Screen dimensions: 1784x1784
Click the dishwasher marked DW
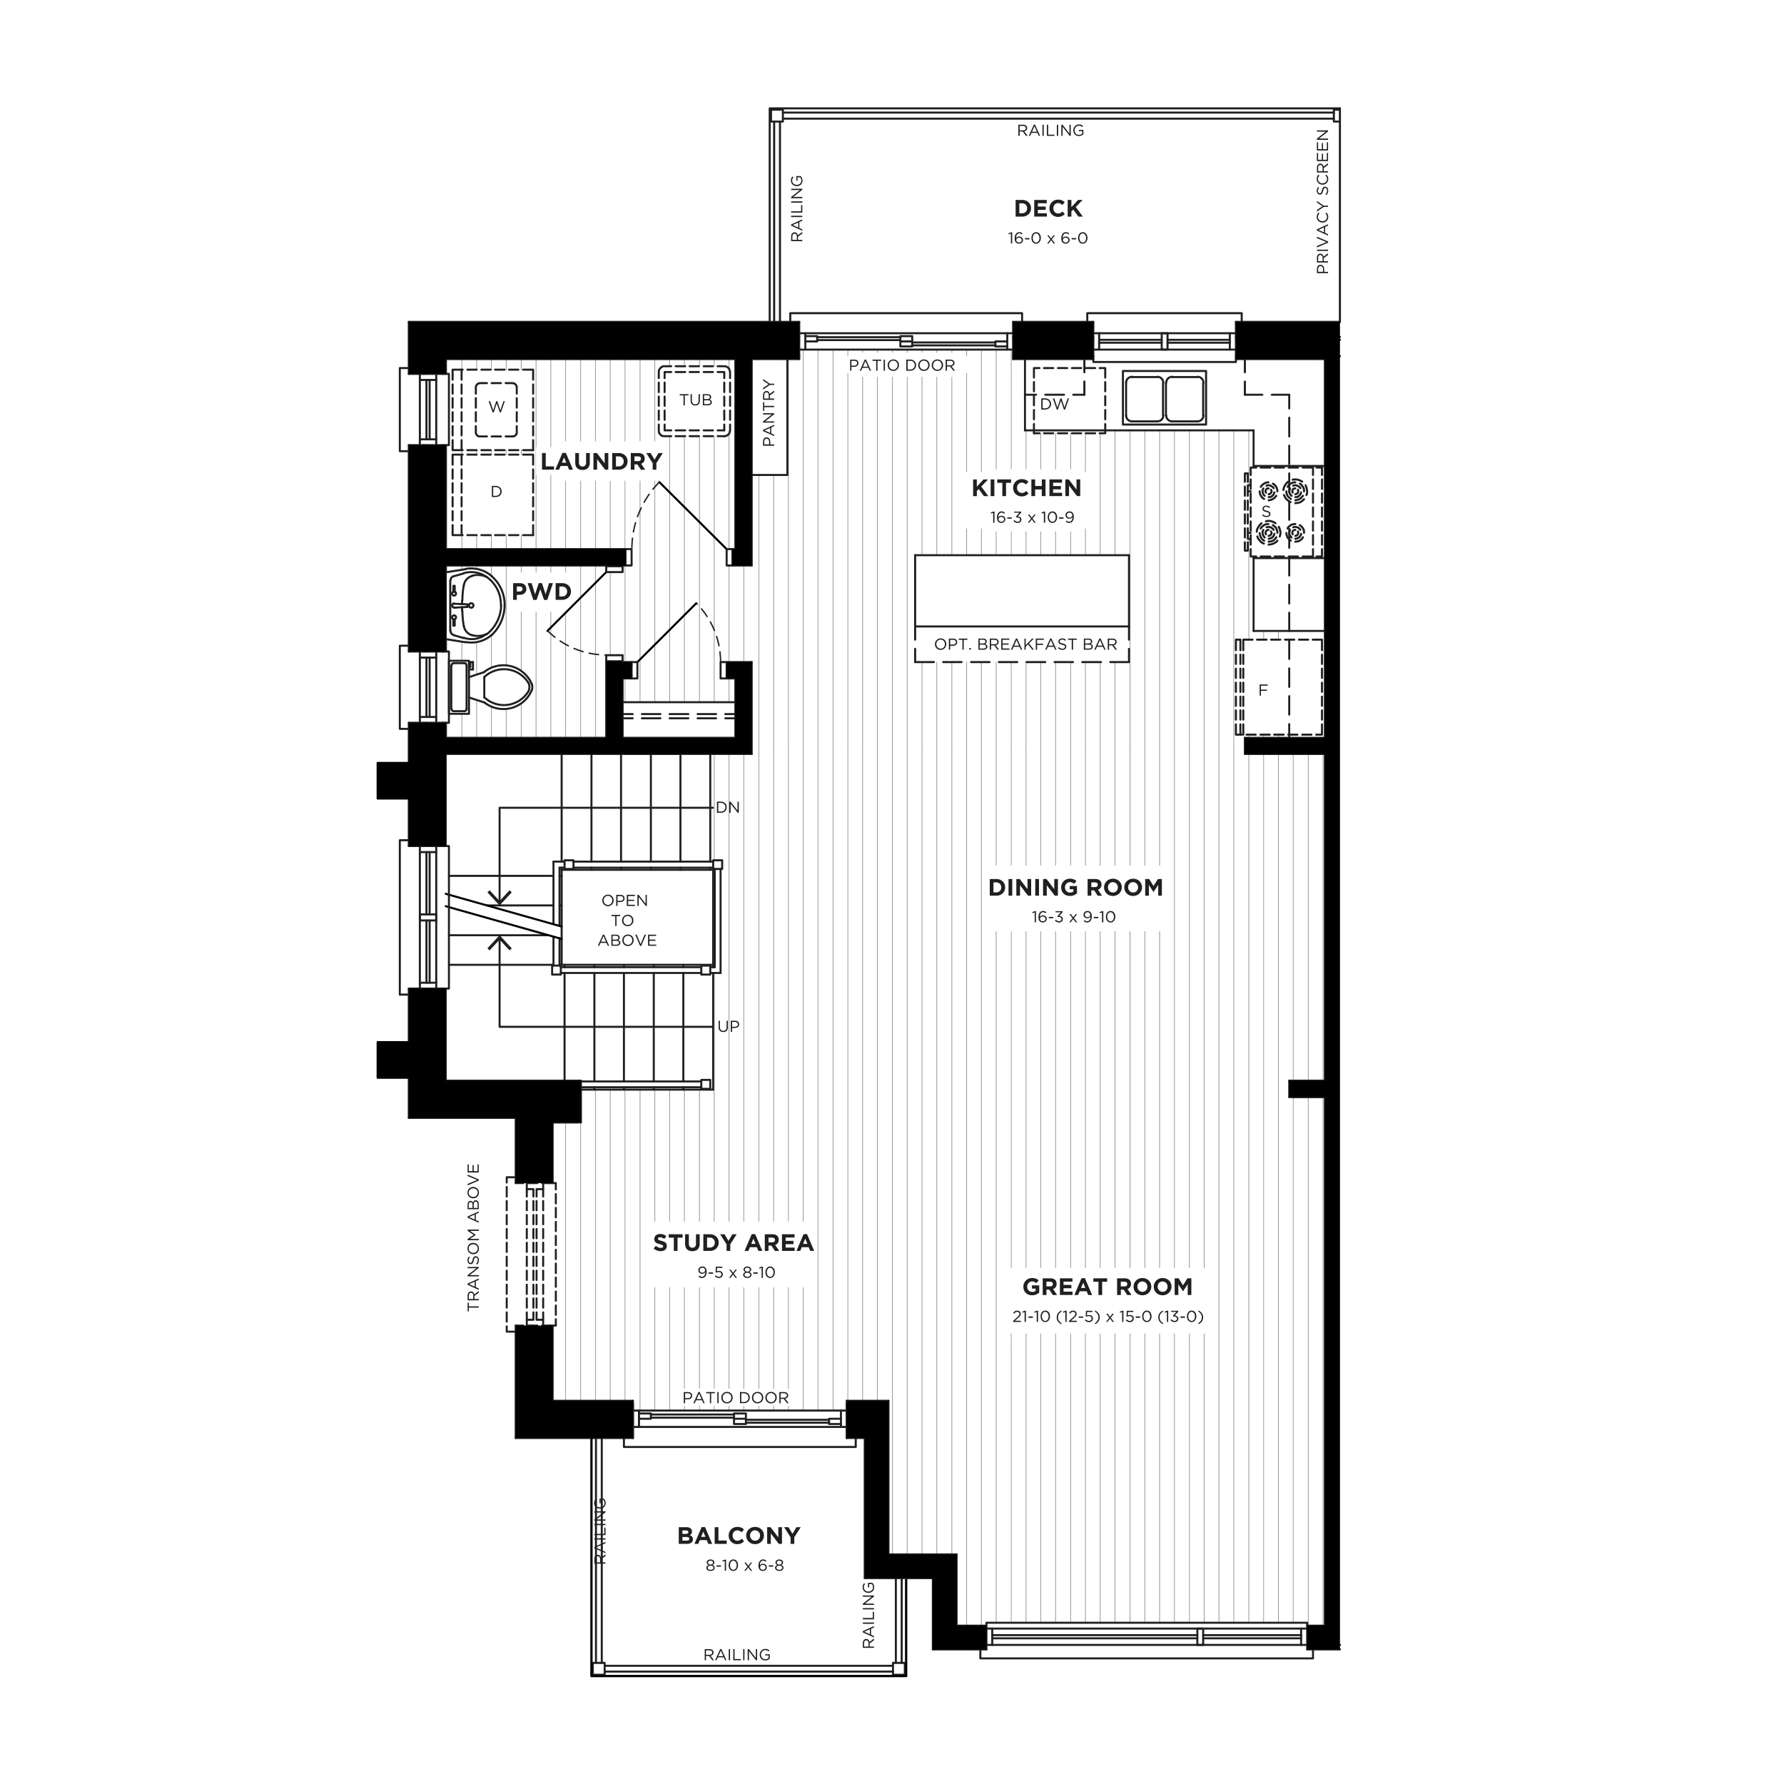(1068, 399)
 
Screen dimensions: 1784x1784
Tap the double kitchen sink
(1165, 398)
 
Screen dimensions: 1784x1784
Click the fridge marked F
(1279, 687)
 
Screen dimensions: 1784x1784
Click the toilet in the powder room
(490, 687)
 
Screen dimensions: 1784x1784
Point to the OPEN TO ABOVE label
(626, 920)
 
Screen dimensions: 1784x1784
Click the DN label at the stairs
(728, 807)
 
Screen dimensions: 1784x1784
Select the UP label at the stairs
(729, 1026)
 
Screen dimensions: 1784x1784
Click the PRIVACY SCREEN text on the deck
(1322, 202)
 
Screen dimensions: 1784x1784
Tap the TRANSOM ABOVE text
(474, 1237)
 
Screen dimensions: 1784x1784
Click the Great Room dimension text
(1108, 1317)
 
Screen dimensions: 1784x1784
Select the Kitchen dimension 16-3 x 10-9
(1033, 517)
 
